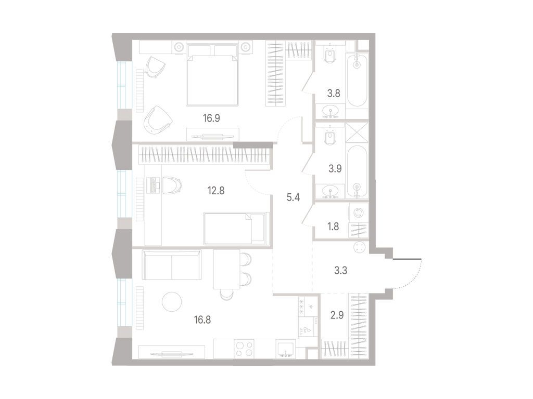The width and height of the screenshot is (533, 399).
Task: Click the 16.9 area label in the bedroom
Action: click(x=211, y=118)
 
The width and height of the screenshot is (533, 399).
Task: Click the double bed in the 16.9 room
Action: click(x=212, y=75)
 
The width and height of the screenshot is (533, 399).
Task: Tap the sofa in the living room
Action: click(x=171, y=264)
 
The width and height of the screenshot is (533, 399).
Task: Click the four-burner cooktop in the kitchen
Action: click(x=244, y=348)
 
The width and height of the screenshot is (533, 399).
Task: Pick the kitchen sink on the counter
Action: click(x=285, y=349)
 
